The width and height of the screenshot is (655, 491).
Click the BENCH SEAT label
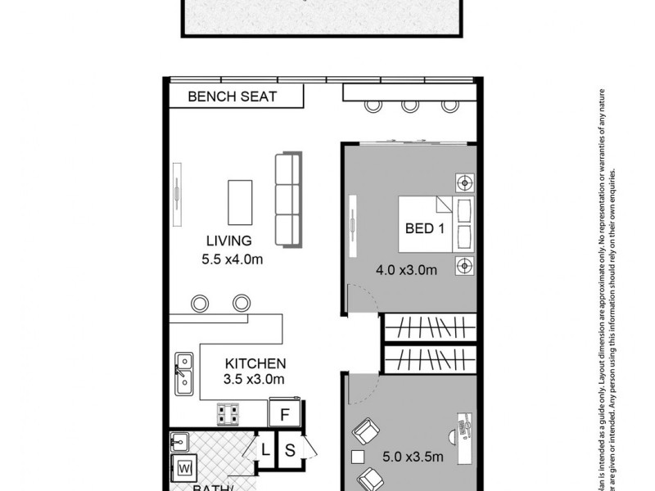click(x=233, y=97)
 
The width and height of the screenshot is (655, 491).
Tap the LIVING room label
click(x=228, y=241)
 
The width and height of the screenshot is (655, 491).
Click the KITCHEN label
click(x=255, y=363)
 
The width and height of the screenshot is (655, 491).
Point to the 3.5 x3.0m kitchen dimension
click(x=254, y=379)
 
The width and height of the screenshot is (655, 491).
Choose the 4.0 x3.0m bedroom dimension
click(x=406, y=269)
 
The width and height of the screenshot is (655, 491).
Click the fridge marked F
click(x=285, y=414)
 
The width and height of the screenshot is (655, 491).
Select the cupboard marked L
click(x=266, y=449)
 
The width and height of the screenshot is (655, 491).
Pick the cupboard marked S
click(x=290, y=449)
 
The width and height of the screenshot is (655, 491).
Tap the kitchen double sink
click(x=183, y=372)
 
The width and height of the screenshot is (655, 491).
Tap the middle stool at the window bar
click(x=409, y=105)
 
